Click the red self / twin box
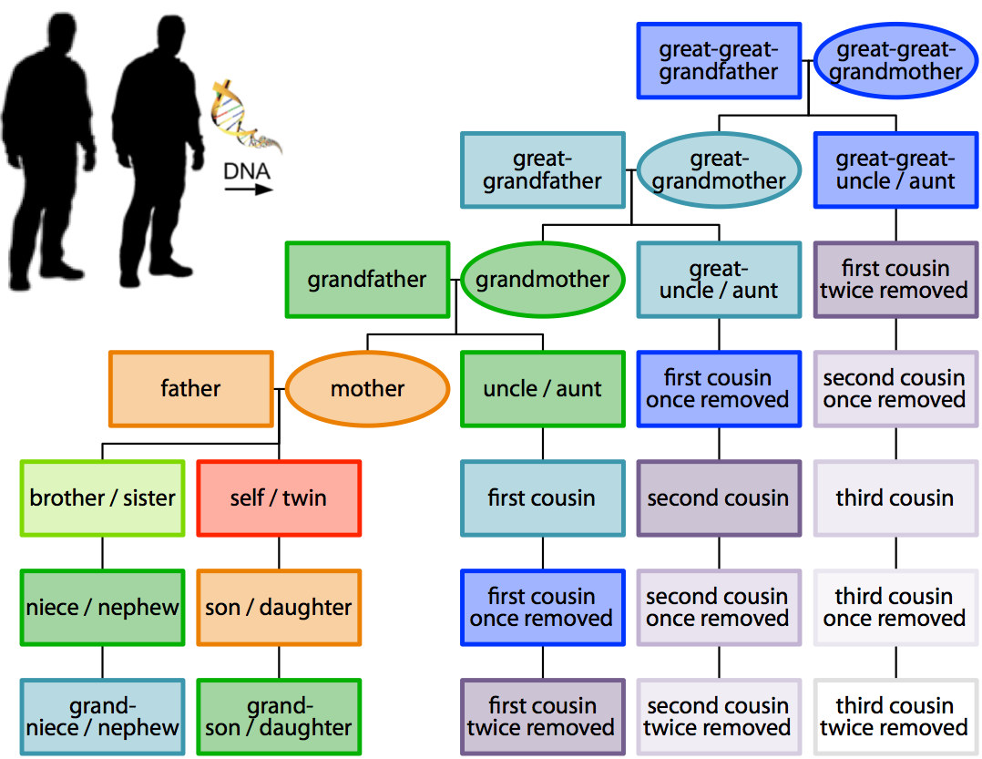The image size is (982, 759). (279, 498)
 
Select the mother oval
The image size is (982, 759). (367, 389)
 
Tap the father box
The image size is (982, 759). (190, 389)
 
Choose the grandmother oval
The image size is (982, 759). (543, 280)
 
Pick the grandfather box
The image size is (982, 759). (367, 280)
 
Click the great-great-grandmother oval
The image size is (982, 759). (895, 61)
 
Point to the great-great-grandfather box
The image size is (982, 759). (719, 61)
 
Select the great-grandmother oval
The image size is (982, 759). (719, 170)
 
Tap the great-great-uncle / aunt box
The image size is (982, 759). (895, 170)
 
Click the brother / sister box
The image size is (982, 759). (102, 498)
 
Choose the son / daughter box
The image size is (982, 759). (279, 608)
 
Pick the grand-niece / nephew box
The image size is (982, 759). (102, 717)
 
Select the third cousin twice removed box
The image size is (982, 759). (895, 717)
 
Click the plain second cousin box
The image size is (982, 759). (719, 498)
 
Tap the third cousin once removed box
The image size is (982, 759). (895, 608)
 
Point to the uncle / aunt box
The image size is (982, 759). (543, 389)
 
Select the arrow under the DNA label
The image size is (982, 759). (249, 190)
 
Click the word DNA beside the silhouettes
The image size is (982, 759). (247, 171)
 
